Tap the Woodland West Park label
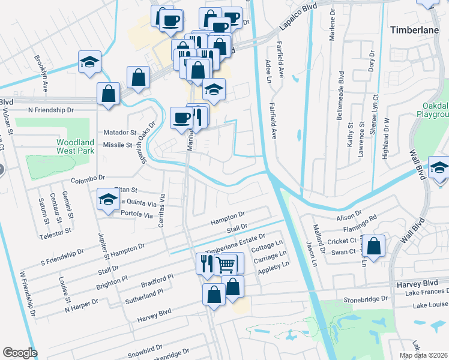76,146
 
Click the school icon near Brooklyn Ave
89,62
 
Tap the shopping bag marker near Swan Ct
374,247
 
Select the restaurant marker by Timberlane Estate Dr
205,263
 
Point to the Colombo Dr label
88,178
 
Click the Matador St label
121,132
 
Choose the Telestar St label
56,230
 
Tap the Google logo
20,353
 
